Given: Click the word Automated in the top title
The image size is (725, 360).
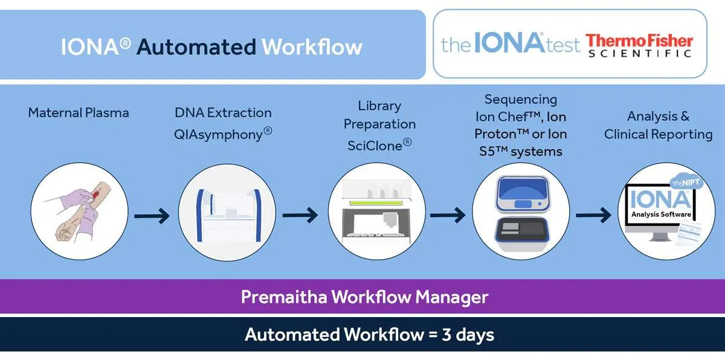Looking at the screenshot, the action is (x=196, y=47).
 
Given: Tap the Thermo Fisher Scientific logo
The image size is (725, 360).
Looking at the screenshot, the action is (x=639, y=46).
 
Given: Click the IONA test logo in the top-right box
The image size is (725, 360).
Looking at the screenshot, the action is (x=511, y=43).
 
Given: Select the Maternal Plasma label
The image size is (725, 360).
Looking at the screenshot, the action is (x=79, y=113).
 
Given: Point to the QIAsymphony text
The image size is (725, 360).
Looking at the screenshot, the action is (x=223, y=134).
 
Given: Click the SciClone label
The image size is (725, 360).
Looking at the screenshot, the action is (x=379, y=145).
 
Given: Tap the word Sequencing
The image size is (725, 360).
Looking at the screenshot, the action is (x=521, y=100).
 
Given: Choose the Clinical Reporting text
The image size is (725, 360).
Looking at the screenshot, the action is (x=659, y=135).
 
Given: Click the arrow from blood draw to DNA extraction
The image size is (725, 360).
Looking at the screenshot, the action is (x=152, y=216).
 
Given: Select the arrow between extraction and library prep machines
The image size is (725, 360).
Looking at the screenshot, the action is (x=300, y=215).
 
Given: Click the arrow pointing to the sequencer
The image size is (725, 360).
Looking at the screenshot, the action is (x=448, y=215).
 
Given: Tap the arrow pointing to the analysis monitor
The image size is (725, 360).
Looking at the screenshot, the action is (x=593, y=215).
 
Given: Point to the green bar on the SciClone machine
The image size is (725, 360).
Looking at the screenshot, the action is (x=376, y=203).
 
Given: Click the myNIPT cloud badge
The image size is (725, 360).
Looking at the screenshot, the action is (x=686, y=182).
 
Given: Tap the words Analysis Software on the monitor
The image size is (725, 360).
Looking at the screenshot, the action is (x=661, y=214).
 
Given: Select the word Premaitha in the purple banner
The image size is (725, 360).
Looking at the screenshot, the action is (x=284, y=297).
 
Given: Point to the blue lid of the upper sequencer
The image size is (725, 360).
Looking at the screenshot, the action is (x=522, y=188).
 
